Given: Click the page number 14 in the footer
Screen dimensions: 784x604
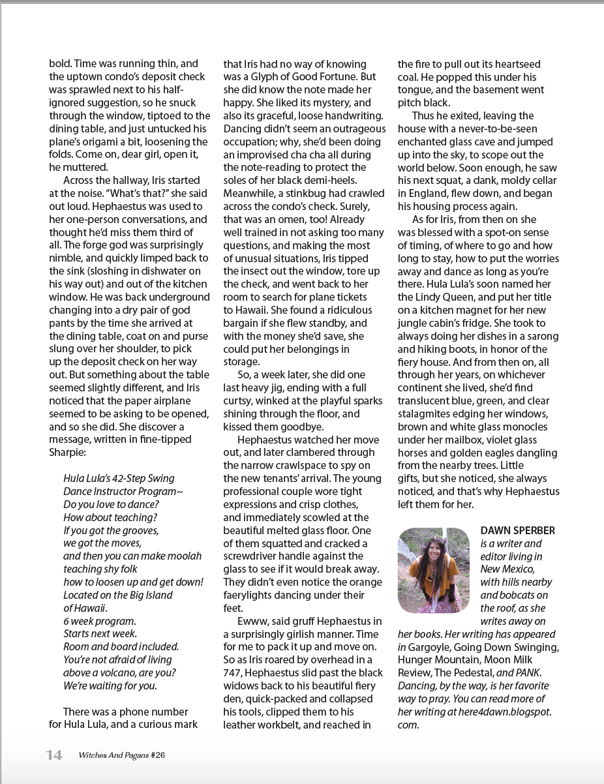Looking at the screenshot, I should (54, 755).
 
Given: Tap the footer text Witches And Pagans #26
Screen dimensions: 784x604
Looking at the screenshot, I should (122, 755).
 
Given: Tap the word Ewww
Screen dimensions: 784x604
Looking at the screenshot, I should (252, 621).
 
